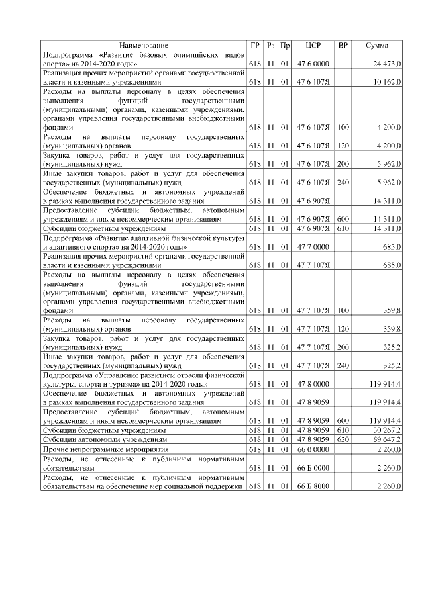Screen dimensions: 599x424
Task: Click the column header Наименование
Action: (144, 45)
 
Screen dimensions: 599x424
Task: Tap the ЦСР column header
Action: (313, 45)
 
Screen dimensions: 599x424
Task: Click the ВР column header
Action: (343, 45)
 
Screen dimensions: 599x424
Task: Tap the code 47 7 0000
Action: (313, 246)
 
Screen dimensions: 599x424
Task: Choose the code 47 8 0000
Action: (313, 383)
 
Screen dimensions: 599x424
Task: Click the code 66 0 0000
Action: (313, 449)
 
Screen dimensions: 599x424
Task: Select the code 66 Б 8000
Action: (313, 486)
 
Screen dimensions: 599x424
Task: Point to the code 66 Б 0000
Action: (313, 467)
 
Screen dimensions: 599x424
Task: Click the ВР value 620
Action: (343, 439)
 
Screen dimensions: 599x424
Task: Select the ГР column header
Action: (256, 45)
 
